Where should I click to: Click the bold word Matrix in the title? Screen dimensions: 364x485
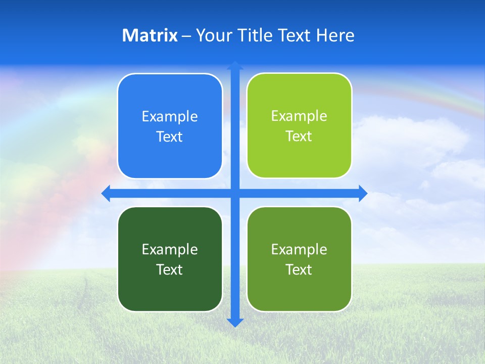[150, 35]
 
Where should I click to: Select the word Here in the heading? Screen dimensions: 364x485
[335, 35]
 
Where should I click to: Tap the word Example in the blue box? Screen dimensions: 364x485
[170, 117]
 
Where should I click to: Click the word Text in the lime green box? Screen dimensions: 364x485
[299, 136]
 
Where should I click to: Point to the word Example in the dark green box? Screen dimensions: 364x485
[170, 249]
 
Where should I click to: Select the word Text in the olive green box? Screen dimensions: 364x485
[299, 269]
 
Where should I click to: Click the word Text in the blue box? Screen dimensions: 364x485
[170, 137]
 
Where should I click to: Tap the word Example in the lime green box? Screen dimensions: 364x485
[299, 116]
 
